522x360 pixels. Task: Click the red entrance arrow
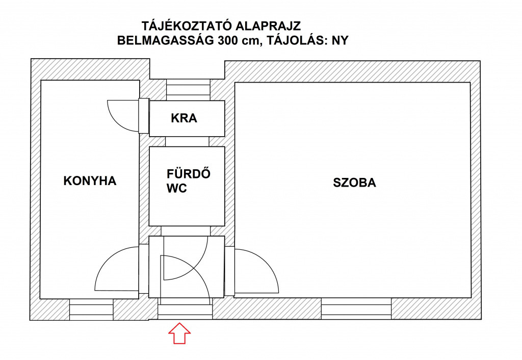click(x=179, y=333)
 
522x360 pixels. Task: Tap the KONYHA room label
click(x=90, y=181)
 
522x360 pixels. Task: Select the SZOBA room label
click(x=355, y=183)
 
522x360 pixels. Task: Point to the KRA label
click(x=184, y=118)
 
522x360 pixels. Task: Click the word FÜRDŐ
click(x=189, y=173)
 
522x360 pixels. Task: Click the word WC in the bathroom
click(x=177, y=189)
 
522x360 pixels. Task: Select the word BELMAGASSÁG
click(x=166, y=40)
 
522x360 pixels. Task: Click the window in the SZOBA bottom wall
click(x=356, y=308)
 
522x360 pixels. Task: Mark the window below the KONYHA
click(x=92, y=310)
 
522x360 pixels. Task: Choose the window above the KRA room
click(x=189, y=90)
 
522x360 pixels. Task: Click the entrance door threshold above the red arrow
click(x=185, y=312)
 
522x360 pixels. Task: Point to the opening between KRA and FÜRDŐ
click(x=187, y=142)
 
